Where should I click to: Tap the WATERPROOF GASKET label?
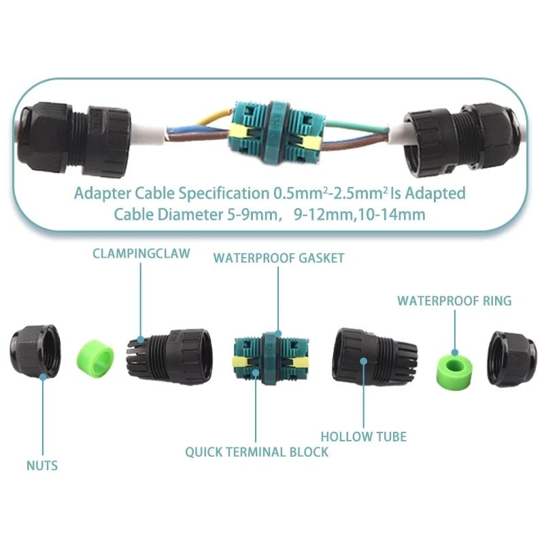tap(279, 258)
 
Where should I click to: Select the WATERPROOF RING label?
tap(454, 301)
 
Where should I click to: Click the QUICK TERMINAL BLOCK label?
tap(257, 452)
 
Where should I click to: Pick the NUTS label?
tap(42, 466)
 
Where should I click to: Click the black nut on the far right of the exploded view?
tap(513, 355)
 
